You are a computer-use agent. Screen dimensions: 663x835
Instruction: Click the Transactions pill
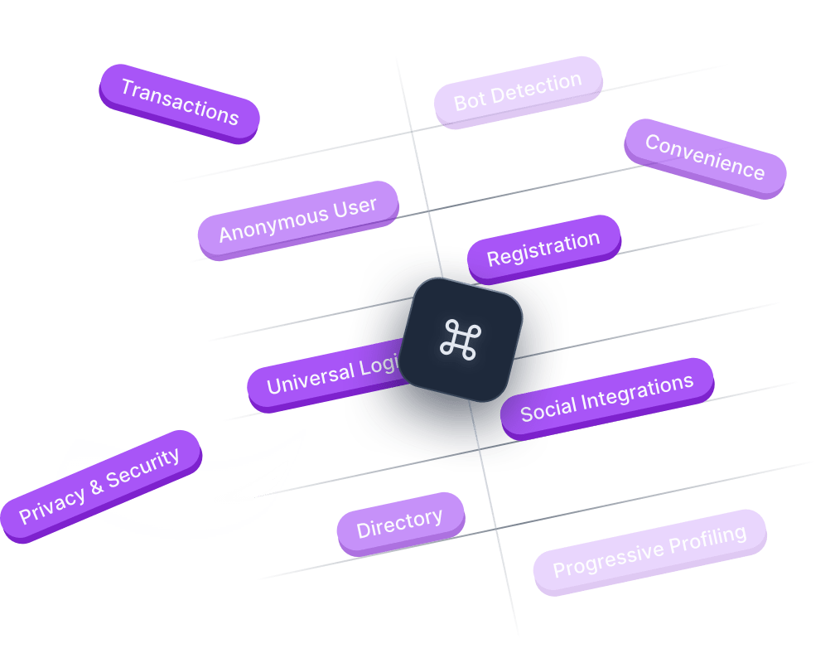click(180, 103)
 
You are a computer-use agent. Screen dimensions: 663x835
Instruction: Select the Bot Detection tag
click(518, 91)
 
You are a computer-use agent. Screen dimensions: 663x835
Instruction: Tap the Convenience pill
click(705, 157)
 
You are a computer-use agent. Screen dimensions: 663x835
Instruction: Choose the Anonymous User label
click(297, 220)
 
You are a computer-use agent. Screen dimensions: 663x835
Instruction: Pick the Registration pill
click(543, 249)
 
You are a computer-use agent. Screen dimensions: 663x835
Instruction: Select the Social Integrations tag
click(606, 398)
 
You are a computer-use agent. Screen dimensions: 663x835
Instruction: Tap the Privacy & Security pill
click(99, 486)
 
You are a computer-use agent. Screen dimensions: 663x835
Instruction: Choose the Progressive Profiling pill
click(649, 551)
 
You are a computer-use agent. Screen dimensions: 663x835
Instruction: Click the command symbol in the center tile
click(461, 340)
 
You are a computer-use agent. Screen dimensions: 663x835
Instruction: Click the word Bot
click(469, 101)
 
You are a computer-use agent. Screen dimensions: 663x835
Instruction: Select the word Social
click(546, 409)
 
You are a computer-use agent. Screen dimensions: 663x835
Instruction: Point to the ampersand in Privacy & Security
click(97, 488)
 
